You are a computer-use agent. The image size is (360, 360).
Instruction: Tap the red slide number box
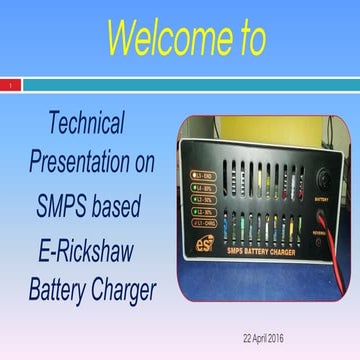[9, 86]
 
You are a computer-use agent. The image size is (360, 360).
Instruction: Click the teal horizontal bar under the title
[190, 86]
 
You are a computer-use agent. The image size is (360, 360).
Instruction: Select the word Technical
[87, 124]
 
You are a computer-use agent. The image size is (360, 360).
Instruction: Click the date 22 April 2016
[263, 338]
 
